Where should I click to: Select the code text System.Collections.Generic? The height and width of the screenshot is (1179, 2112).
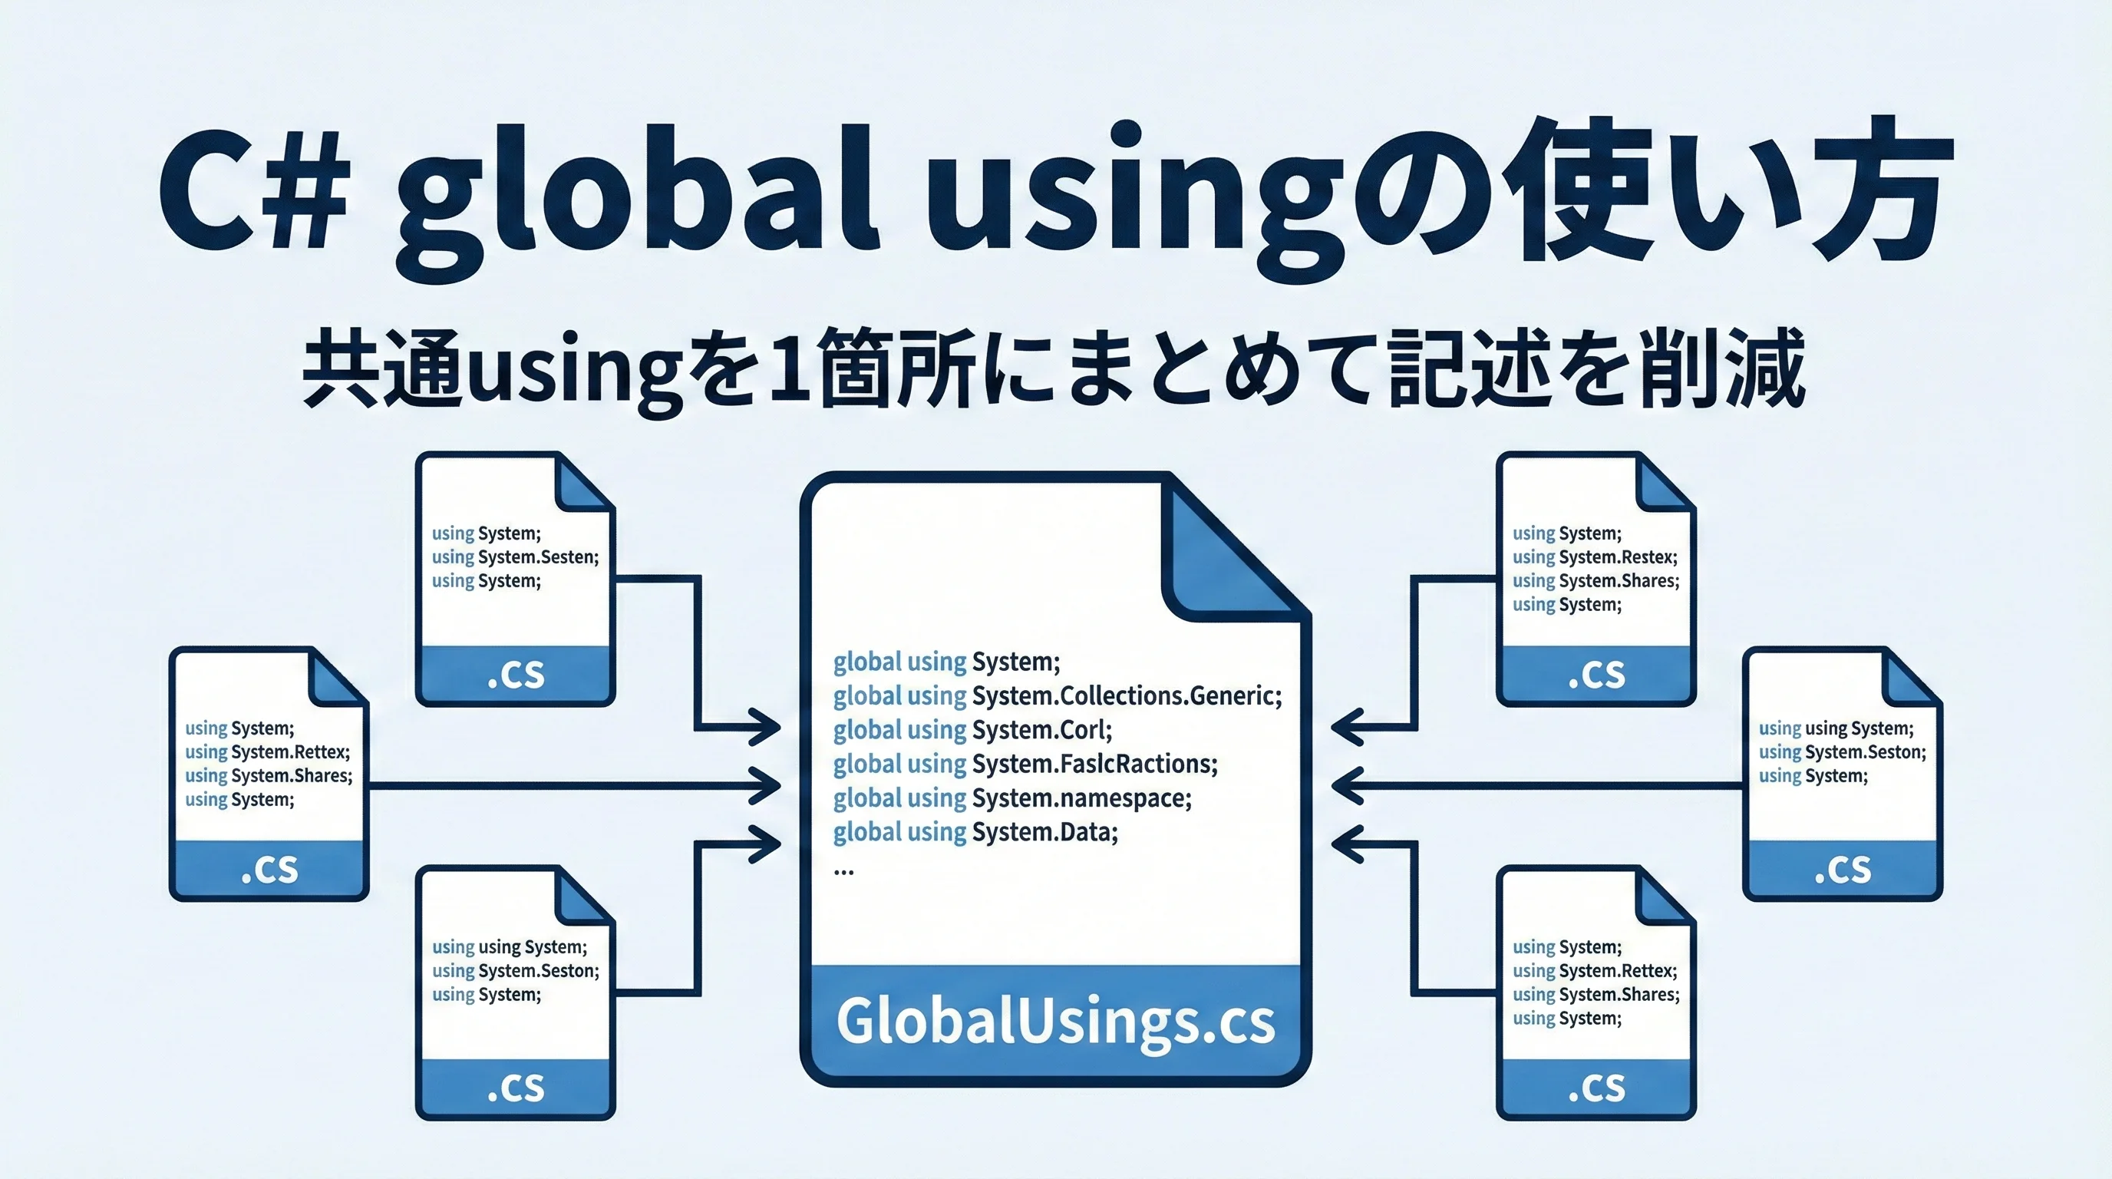pyautogui.click(x=1127, y=696)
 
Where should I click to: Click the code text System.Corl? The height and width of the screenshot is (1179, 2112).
pyautogui.click(x=1042, y=730)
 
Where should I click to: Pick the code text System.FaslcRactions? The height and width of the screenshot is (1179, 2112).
pyautogui.click(x=1094, y=765)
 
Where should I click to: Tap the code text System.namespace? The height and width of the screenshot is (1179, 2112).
pyautogui.click(x=1081, y=798)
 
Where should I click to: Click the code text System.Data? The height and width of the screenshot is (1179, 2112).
pyautogui.click(x=1044, y=832)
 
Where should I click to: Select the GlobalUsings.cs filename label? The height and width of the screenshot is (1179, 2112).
pyautogui.click(x=1055, y=1022)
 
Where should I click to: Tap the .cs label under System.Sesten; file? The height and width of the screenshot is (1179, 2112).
pyautogui.click(x=516, y=675)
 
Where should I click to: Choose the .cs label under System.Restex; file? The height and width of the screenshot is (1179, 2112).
pyautogui.click(x=1596, y=675)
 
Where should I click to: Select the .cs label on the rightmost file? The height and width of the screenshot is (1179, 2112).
pyautogui.click(x=1843, y=870)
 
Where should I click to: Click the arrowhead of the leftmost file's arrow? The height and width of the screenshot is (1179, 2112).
pyautogui.click(x=766, y=785)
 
